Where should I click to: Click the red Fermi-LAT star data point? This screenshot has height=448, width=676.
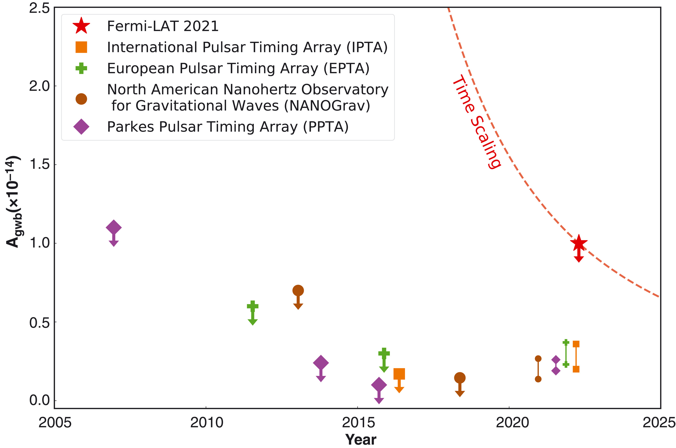tap(579, 243)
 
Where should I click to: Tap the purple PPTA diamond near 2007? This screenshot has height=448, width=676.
tap(113, 228)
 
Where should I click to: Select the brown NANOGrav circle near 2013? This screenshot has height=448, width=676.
tap(298, 291)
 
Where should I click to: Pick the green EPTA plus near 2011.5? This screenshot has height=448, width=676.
tap(252, 306)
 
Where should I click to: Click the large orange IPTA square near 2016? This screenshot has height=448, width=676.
tap(399, 374)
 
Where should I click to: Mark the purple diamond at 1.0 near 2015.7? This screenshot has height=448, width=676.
tap(379, 385)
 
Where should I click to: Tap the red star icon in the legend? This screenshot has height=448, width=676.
tap(81, 26)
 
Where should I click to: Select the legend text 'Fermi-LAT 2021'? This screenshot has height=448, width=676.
tap(163, 26)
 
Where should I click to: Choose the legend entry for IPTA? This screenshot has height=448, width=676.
tap(247, 47)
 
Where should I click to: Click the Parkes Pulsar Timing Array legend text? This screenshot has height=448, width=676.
tap(228, 127)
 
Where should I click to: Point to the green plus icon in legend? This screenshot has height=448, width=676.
tap(81, 68)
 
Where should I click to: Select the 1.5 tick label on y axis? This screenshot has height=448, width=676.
tap(39, 164)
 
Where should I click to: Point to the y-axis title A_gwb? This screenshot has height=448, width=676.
tap(13, 201)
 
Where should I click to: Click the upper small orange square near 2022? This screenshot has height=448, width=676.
tap(576, 344)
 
